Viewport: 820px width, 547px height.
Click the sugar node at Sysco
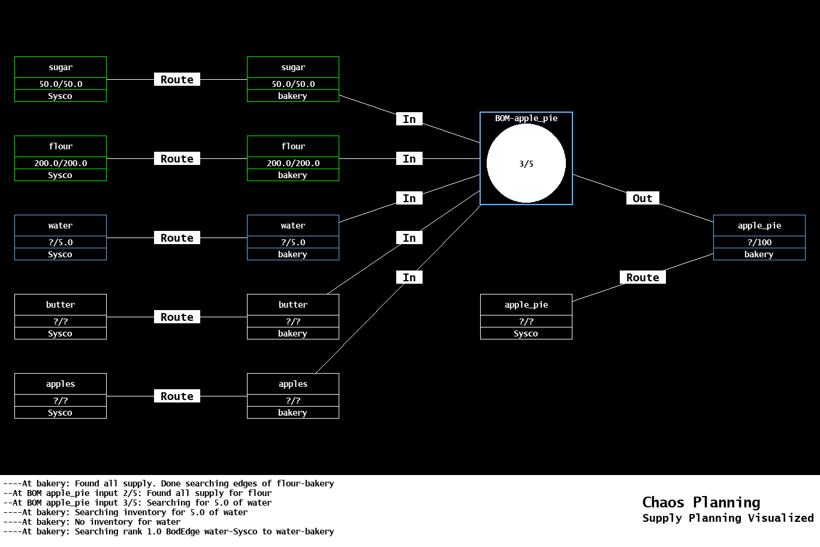(61, 79)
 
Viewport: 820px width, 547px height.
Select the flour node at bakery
(293, 158)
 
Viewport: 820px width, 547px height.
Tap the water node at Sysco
(61, 238)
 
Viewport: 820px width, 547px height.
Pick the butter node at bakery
(293, 317)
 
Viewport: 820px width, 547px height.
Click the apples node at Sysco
(61, 396)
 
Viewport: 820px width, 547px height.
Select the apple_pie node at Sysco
(526, 317)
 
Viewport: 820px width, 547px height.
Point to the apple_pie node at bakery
(759, 238)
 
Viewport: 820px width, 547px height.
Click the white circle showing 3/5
(526, 163)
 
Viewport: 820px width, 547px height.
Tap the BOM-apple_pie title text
(526, 118)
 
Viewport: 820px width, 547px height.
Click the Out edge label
(642, 199)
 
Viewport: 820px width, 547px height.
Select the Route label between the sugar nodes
(177, 80)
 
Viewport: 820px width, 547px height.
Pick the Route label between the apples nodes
(177, 396)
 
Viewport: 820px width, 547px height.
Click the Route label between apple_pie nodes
(642, 278)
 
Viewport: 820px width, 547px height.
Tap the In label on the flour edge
(409, 159)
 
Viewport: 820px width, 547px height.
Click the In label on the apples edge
(409, 278)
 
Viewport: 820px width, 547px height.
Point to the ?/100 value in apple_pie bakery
(759, 242)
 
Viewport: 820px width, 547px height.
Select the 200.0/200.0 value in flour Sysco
(61, 163)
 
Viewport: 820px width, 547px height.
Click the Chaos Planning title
(701, 503)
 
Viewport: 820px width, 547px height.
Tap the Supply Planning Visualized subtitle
(728, 518)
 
